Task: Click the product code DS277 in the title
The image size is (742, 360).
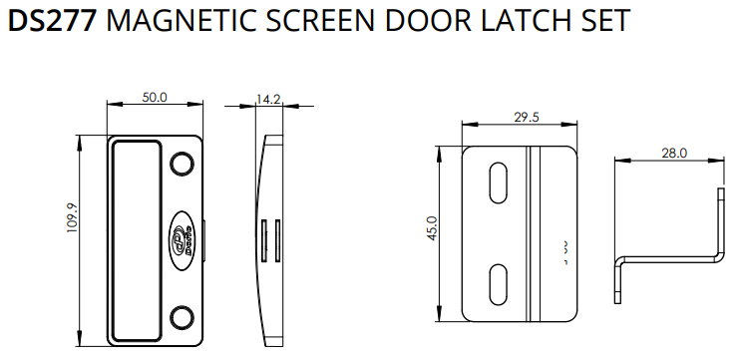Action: click(53, 20)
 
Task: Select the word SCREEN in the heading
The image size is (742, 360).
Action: click(322, 20)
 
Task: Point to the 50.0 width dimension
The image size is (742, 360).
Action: click(155, 98)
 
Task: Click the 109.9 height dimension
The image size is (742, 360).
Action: click(73, 217)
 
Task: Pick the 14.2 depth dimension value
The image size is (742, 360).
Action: click(268, 99)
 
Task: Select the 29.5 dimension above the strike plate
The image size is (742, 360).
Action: click(527, 117)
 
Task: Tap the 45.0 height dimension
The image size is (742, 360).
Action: click(433, 228)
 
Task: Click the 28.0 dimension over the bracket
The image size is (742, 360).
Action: click(674, 153)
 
